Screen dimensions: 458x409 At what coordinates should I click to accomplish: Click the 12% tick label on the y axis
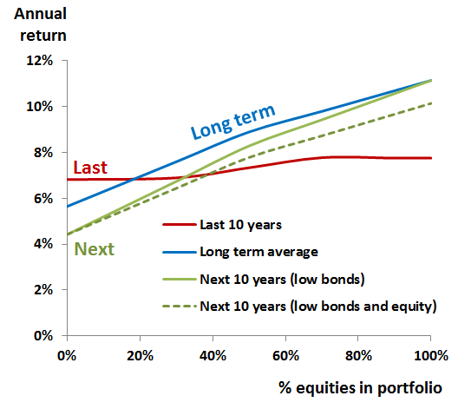pos(40,61)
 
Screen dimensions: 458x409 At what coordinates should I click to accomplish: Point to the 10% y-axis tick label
pos(40,107)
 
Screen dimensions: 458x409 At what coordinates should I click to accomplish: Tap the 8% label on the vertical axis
pos(43,152)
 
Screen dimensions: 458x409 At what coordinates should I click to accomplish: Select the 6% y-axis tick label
pos(43,199)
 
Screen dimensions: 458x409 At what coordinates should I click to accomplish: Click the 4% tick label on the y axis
pos(43,244)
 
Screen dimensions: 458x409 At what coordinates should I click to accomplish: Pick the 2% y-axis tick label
pos(43,290)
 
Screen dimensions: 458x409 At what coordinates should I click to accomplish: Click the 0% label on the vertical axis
pos(43,335)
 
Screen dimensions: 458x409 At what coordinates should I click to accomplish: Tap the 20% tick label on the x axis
pos(140,356)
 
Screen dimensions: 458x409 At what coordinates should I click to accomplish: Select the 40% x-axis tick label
pos(213,356)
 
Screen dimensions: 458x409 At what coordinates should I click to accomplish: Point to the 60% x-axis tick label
pos(285,356)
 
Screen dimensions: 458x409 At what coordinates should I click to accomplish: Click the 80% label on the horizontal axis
pos(358,356)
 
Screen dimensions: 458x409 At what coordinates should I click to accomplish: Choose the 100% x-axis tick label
pos(431,356)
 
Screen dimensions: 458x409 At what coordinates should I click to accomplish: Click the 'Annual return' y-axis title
pos(40,24)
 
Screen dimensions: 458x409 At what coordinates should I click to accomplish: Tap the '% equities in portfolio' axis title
pos(360,388)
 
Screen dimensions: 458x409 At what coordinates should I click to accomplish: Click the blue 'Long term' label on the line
pos(232,122)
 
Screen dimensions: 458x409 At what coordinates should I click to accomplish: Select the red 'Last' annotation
pos(90,168)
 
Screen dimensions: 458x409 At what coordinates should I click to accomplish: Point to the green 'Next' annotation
pos(94,249)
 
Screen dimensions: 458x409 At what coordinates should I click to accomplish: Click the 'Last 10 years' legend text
pos(240,225)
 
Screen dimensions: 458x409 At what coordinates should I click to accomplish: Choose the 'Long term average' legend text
pos(258,252)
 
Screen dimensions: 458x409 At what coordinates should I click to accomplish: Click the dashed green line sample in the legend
pos(180,307)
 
